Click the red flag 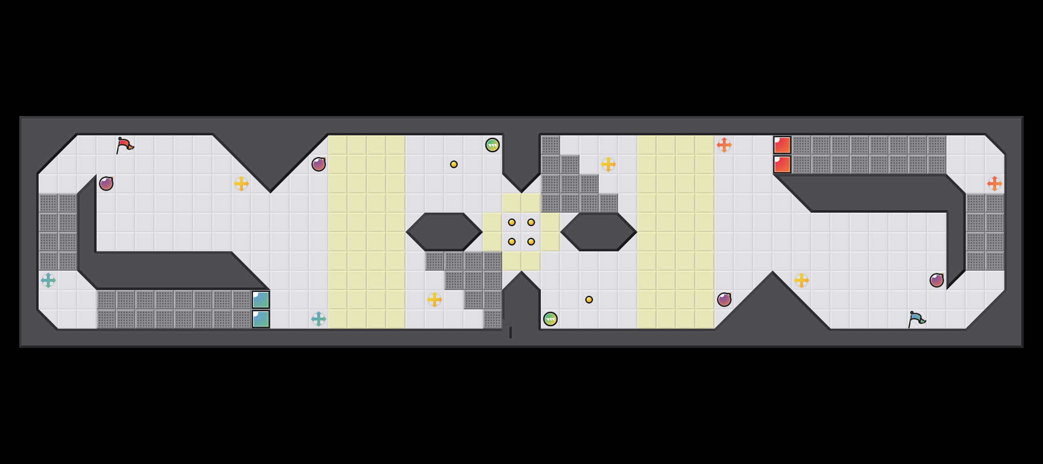click(x=125, y=145)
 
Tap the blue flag click(x=916, y=319)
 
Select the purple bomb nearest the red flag click(x=106, y=184)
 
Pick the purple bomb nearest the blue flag click(x=937, y=280)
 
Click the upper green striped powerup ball click(x=493, y=145)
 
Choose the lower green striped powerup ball click(x=550, y=319)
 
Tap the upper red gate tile click(x=782, y=145)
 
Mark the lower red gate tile click(x=782, y=164)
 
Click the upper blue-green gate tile click(x=261, y=300)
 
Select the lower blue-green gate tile click(x=261, y=319)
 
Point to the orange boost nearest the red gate click(x=724, y=145)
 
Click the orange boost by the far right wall click(x=995, y=184)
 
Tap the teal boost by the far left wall click(x=48, y=280)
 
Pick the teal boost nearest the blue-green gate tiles click(x=319, y=319)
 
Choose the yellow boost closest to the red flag click(x=241, y=184)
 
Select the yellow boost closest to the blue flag click(x=802, y=280)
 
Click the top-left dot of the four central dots click(x=512, y=222)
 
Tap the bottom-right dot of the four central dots click(x=531, y=242)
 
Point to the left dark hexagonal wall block click(x=444, y=232)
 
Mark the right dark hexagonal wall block click(x=599, y=232)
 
